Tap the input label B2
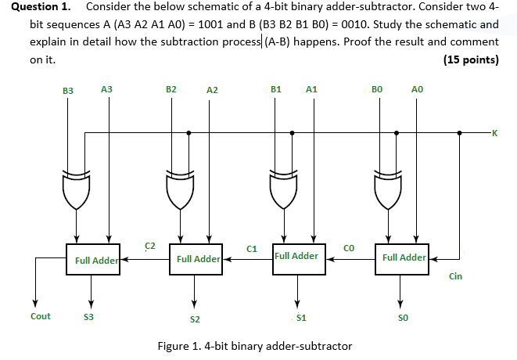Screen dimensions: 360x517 pos(171,90)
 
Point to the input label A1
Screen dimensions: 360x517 pos(311,90)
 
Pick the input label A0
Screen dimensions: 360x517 pos(416,90)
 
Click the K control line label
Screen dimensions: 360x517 pos(494,133)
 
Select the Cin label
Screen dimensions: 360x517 pos(455,276)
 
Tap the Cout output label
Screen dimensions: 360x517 pos(41,316)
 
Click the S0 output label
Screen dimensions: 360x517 pos(401,318)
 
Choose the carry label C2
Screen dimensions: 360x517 pos(149,246)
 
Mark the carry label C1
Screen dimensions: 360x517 pos(252,249)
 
